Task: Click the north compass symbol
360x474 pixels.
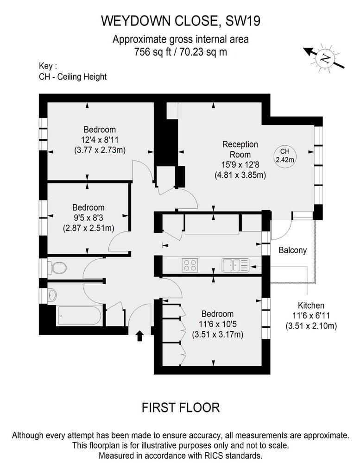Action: pos(325,58)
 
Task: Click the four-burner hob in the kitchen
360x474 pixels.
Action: pos(189,265)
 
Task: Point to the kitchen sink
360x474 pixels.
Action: pos(235,265)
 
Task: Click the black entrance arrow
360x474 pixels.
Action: pos(139,336)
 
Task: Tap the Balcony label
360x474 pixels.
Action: pos(292,250)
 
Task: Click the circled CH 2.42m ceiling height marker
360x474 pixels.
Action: pos(284,156)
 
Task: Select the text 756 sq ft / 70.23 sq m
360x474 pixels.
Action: pos(181,52)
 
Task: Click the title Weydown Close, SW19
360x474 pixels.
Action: pos(181,21)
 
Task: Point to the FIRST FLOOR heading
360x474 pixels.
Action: pos(181,407)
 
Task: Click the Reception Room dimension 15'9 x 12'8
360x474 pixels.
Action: pos(240,165)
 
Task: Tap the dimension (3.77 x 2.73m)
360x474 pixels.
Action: pos(100,150)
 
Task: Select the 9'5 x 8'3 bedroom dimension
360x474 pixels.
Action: pos(88,218)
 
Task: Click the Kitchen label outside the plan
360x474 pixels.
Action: pos(311,306)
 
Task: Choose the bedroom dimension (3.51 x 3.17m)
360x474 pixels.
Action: pos(217,335)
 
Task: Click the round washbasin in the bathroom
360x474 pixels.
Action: pos(52,295)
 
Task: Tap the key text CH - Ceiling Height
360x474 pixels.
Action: pos(73,77)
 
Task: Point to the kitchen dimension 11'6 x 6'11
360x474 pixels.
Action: pos(311,316)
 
